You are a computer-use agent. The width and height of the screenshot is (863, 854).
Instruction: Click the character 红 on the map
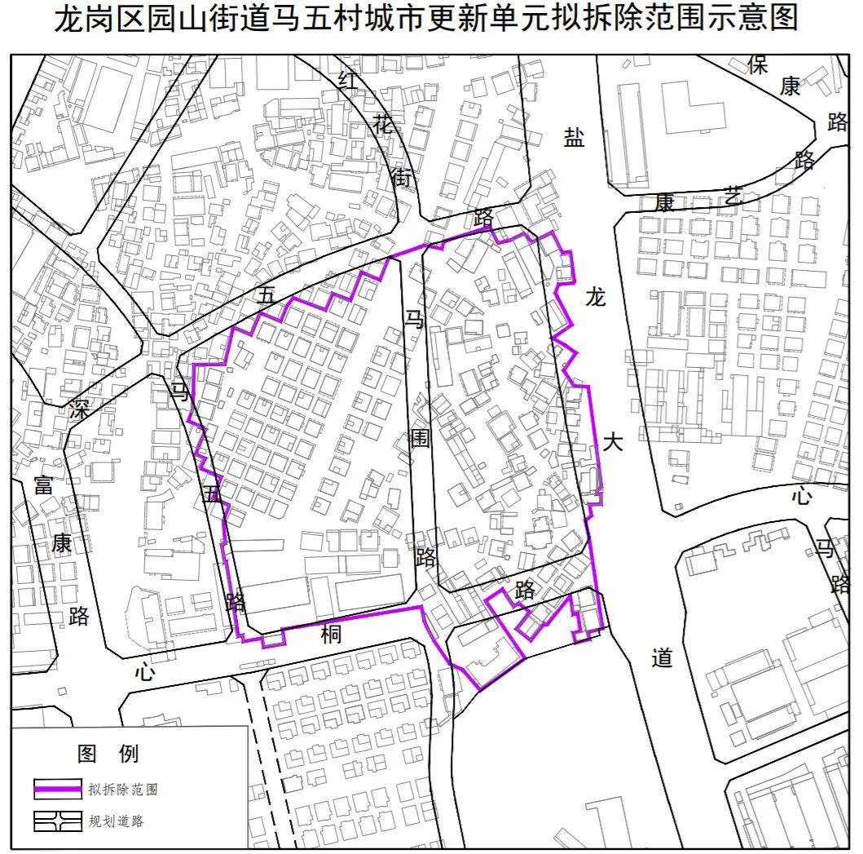(349, 79)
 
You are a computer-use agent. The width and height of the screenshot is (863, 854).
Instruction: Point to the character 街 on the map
(403, 175)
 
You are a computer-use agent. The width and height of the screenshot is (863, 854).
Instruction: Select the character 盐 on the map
(575, 137)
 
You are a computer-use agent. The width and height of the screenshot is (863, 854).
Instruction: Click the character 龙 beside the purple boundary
(596, 298)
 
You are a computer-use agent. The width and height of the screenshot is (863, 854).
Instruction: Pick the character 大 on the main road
(613, 443)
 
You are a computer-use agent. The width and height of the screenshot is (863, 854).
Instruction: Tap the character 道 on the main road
(663, 657)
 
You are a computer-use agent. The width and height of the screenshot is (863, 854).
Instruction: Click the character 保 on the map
(758, 65)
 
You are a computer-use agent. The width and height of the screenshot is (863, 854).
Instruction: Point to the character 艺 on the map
(733, 196)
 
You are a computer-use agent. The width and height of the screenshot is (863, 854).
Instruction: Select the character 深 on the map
(79, 408)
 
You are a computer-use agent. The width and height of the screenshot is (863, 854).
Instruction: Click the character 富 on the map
(44, 485)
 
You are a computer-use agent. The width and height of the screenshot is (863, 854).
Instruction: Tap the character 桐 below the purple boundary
(331, 634)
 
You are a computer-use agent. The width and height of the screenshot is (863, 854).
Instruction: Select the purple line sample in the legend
(57, 788)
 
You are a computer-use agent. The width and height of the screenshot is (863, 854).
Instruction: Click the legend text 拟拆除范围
(123, 789)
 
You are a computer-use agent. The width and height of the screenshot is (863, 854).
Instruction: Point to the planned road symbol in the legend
(57, 820)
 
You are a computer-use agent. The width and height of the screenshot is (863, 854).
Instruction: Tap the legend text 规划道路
(117, 821)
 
